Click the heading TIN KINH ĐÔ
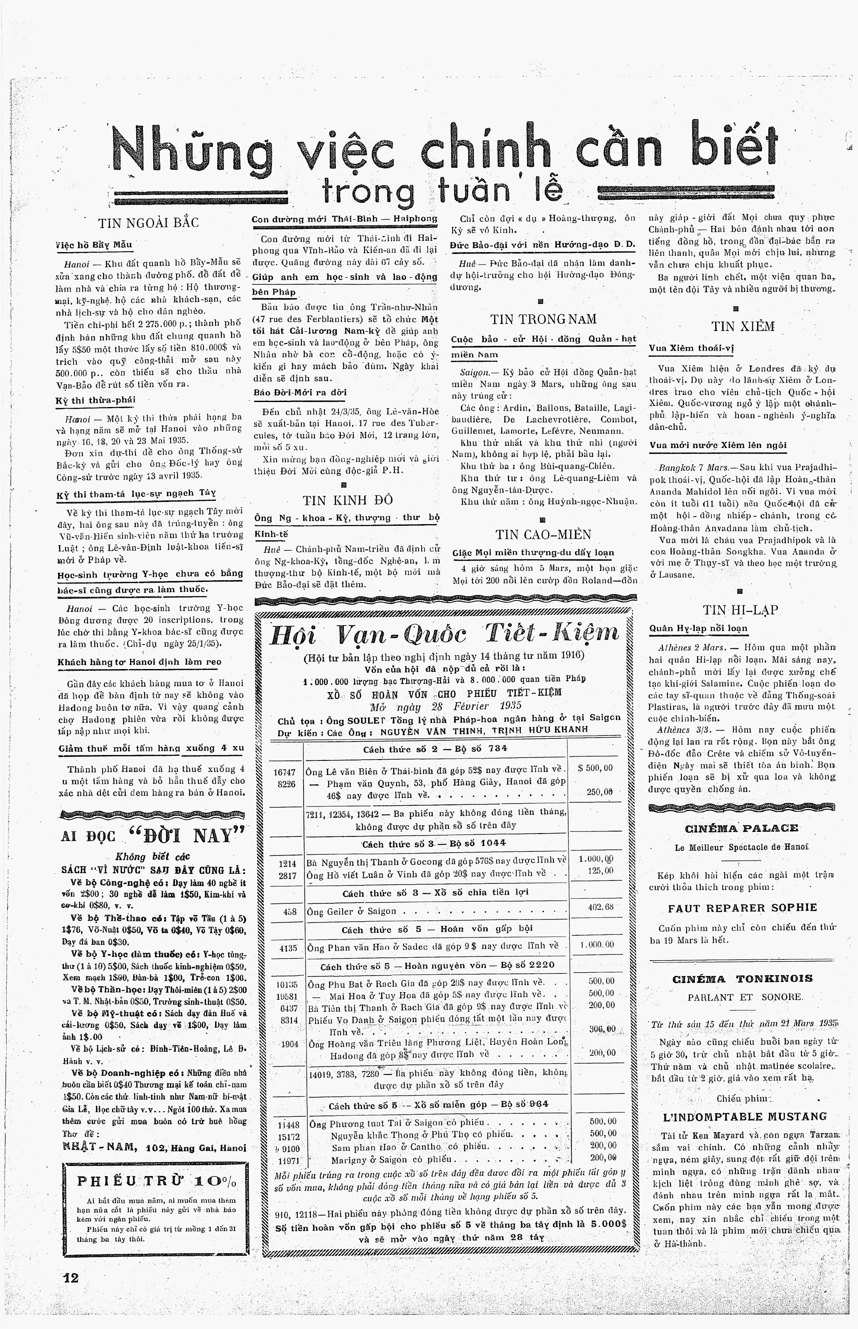click(348, 499)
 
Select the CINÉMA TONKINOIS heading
click(743, 978)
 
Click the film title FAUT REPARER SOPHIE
click(743, 908)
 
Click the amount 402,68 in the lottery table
click(601, 907)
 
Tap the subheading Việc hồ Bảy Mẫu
click(94, 244)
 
